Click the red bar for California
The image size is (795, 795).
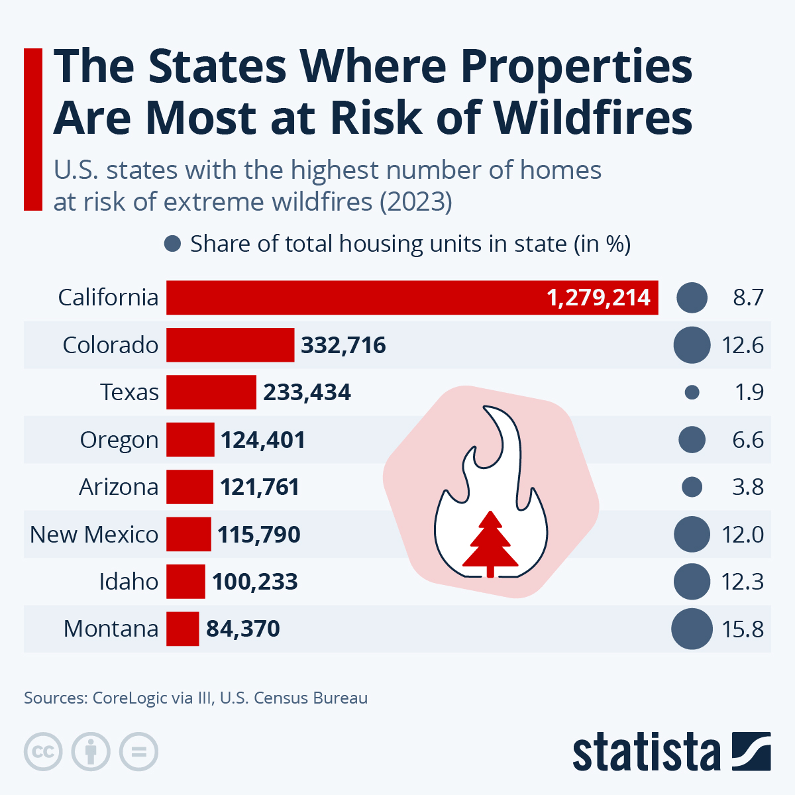coord(411,297)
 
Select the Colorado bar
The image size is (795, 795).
coord(230,345)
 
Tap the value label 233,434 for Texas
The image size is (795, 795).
coord(307,392)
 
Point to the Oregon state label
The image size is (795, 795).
coord(119,440)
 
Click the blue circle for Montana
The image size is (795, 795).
coord(692,629)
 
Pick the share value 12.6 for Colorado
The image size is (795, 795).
coord(742,345)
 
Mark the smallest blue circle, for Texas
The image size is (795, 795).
coord(692,392)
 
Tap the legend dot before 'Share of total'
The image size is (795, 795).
coord(172,244)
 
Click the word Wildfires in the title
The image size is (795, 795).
coord(593,118)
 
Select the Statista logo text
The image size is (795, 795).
coord(646,753)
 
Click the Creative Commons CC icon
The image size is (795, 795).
coord(43,752)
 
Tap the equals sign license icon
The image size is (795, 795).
coord(138,752)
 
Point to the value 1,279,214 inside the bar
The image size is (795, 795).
coord(598,297)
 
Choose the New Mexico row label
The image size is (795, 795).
coord(94,534)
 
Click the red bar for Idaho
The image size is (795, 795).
coord(185,582)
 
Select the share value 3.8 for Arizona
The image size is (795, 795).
coord(747,487)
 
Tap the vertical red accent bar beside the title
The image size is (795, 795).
coord(33,129)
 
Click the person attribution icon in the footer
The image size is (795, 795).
coord(91,752)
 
